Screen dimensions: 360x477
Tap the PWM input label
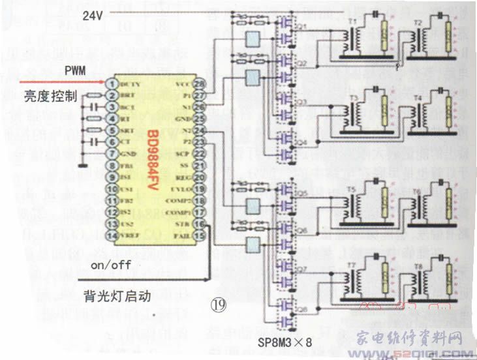tap(74, 70)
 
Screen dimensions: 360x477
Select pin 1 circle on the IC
tap(112, 83)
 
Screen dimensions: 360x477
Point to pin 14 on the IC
tap(112, 235)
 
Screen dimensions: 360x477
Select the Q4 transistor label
tap(301, 142)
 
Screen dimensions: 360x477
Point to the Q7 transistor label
tap(301, 269)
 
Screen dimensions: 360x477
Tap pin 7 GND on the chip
tap(112, 153)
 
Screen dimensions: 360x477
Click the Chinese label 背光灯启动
tap(117, 295)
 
